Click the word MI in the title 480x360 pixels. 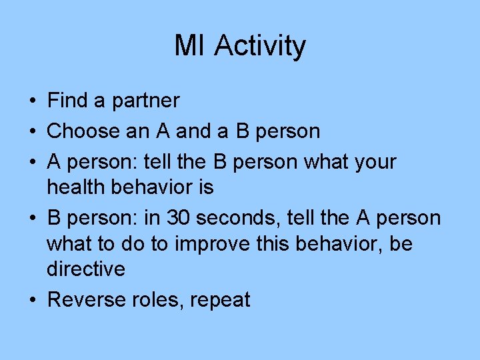click(x=191, y=46)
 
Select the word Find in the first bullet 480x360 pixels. click(x=68, y=101)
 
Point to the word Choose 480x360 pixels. click(x=83, y=131)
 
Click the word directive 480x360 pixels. click(x=85, y=269)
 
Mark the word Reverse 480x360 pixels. click(x=87, y=300)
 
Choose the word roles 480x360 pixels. click(x=158, y=300)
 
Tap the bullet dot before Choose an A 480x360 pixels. click(x=32, y=132)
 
